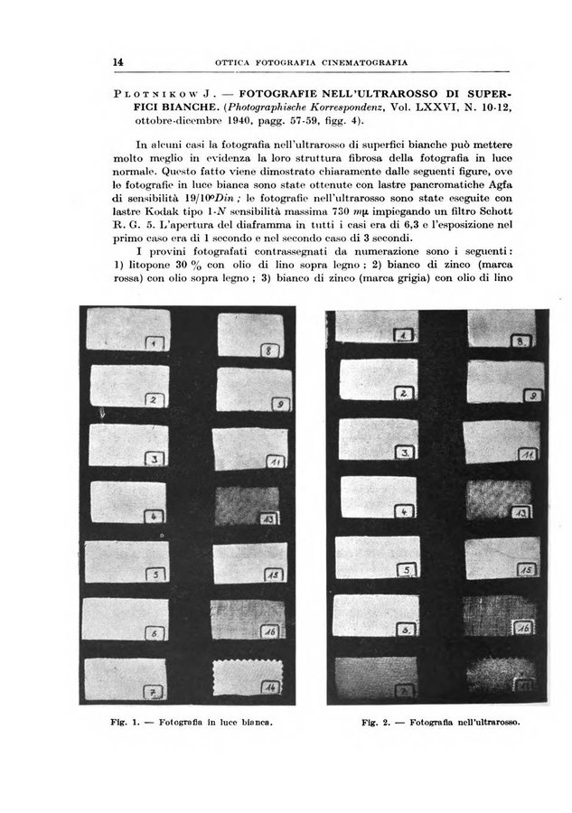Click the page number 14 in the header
click(x=118, y=61)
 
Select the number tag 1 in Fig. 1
click(x=155, y=344)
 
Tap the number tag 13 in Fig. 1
click(x=270, y=521)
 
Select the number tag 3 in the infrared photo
click(x=407, y=451)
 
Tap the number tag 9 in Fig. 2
click(x=533, y=395)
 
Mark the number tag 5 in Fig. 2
click(x=408, y=570)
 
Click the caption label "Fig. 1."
click(x=158, y=723)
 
